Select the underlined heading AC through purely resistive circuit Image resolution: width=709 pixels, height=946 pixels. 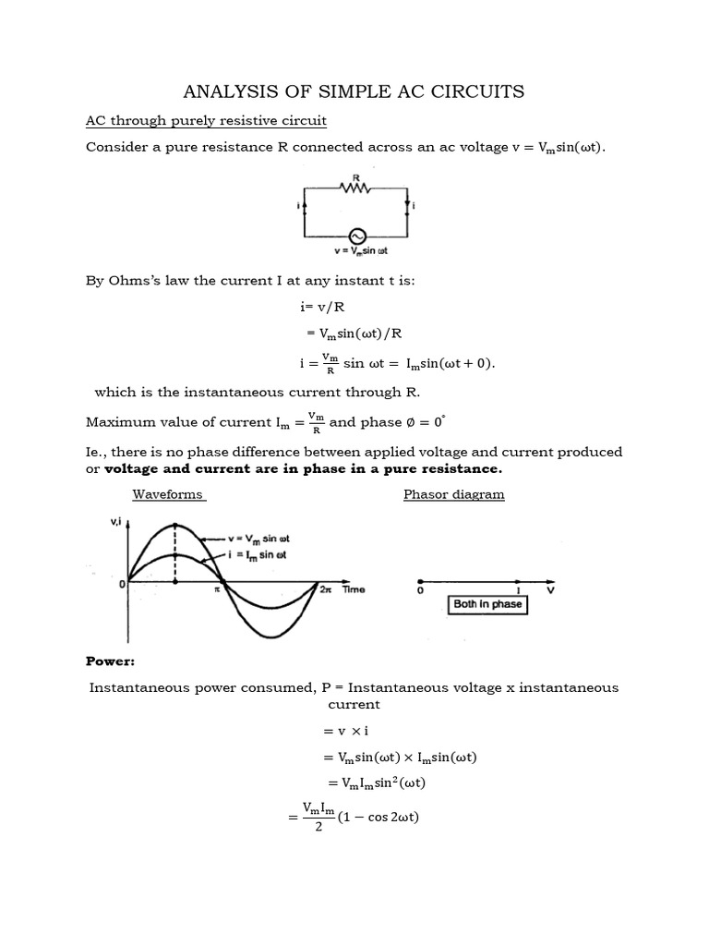pyautogui.click(x=206, y=121)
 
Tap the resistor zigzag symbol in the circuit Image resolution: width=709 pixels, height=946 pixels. pyautogui.click(x=354, y=188)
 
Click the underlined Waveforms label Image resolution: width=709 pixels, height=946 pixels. pyautogui.click(x=167, y=494)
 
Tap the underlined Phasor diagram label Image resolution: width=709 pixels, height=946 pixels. pyautogui.click(x=454, y=494)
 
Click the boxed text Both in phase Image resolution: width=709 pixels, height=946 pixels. pyautogui.click(x=486, y=604)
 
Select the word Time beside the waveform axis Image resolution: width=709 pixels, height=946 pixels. pyautogui.click(x=354, y=589)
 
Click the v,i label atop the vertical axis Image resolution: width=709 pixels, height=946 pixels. pyautogui.click(x=117, y=523)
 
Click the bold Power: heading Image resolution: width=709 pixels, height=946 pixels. pyautogui.click(x=111, y=661)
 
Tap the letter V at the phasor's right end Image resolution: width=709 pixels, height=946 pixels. pyautogui.click(x=551, y=590)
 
